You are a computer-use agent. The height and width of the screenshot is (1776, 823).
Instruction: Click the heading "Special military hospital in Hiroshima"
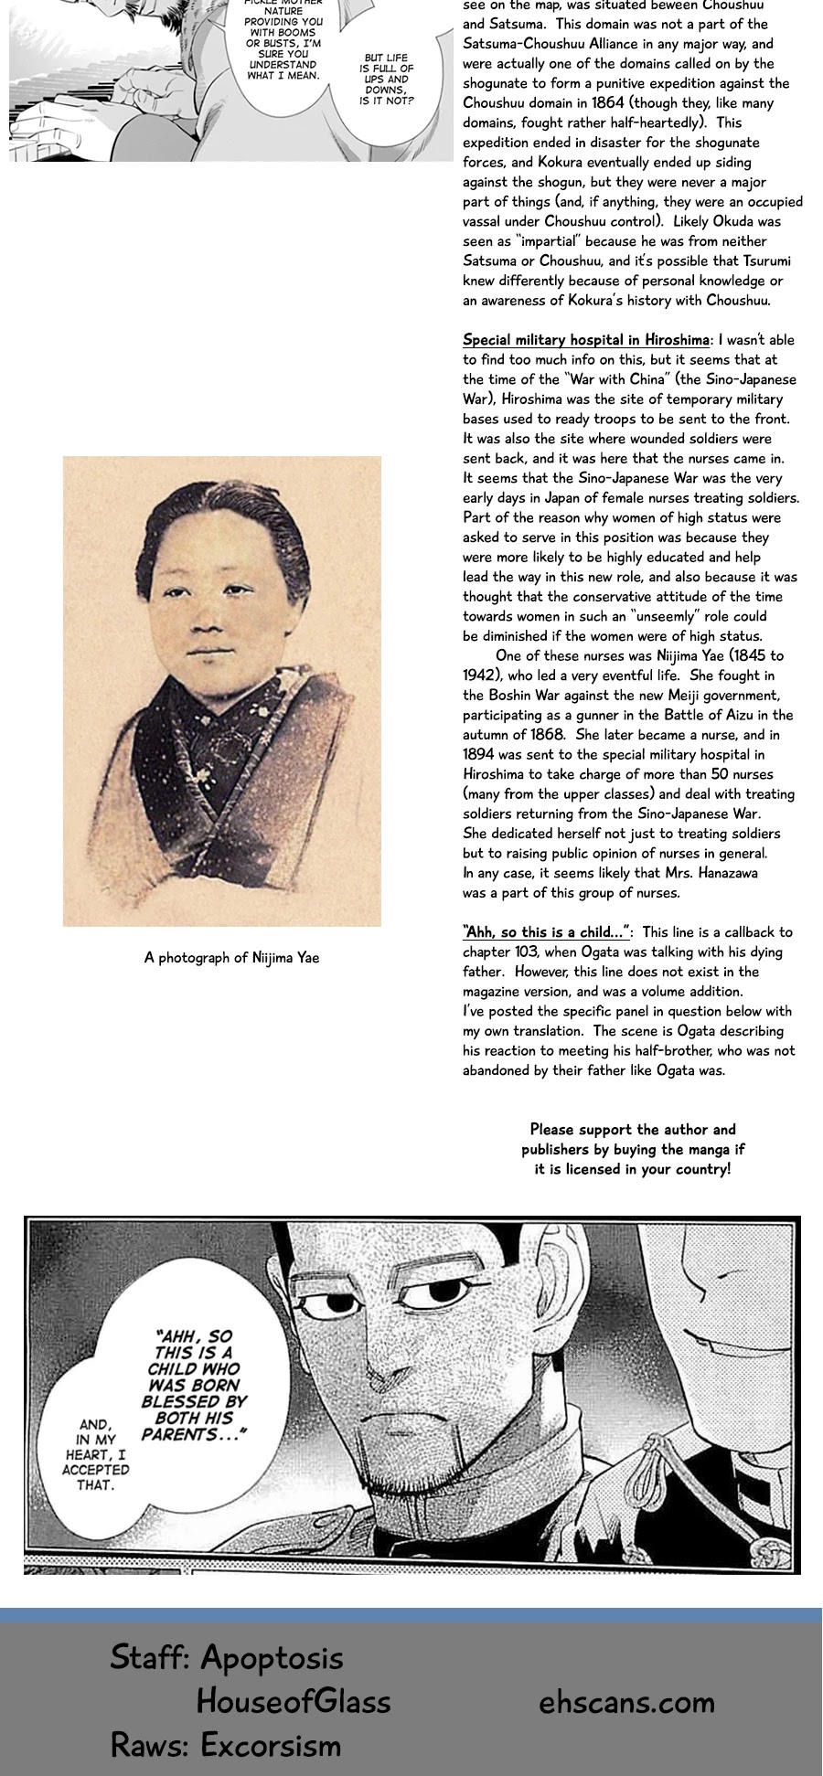coord(585,340)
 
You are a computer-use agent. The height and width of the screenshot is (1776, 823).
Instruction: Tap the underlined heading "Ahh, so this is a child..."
coord(546,932)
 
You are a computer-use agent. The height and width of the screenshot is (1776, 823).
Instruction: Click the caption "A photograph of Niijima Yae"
coord(231,958)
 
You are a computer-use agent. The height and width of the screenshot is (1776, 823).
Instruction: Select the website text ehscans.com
coord(626,1702)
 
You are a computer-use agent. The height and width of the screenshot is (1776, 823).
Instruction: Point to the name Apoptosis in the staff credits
coord(272,1657)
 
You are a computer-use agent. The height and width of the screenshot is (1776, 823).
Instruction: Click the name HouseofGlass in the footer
coord(294,1701)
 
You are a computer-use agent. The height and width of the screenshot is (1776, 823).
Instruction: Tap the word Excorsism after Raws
coord(271,1745)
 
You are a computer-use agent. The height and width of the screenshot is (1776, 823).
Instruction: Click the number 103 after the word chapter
coord(525,952)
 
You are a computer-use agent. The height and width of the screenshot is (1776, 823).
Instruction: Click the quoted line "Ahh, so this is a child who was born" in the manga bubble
coord(194,1385)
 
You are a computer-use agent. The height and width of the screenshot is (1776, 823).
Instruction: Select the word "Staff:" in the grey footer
coord(150,1657)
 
